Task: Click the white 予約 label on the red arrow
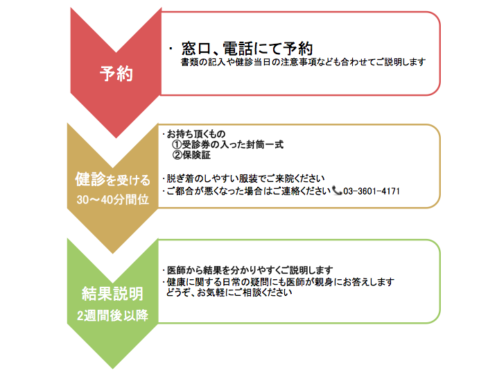[116, 74]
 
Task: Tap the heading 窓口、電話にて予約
[247, 49]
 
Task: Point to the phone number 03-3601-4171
[372, 191]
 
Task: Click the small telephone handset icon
[337, 190]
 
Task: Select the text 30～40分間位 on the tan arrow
[113, 199]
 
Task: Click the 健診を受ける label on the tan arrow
[113, 180]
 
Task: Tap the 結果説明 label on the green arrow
[113, 294]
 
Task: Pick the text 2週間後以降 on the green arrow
[113, 315]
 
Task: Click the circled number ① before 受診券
[177, 144]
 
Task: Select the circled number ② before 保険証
[177, 155]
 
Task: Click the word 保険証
[196, 155]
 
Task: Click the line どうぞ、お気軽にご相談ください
[229, 292]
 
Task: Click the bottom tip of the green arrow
[113, 369]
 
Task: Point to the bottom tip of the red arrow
[116, 138]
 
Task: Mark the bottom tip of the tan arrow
[113, 254]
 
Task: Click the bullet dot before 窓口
[171, 49]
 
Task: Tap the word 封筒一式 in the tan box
[265, 144]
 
